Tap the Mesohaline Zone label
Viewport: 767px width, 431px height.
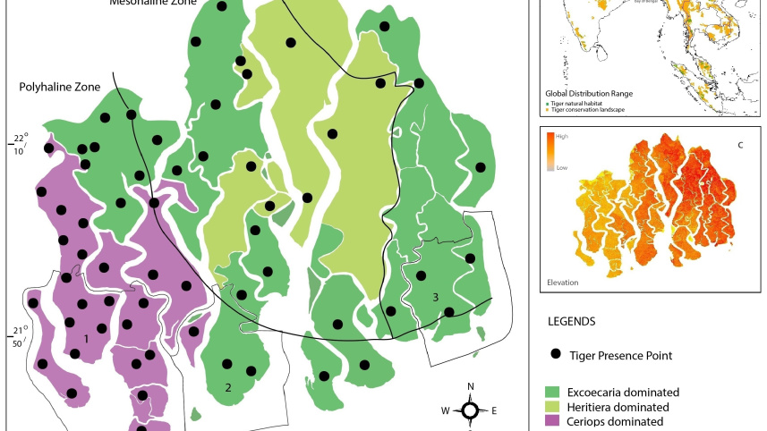(153, 3)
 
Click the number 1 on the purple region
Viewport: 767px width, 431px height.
(86, 339)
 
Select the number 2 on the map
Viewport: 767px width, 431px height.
(228, 387)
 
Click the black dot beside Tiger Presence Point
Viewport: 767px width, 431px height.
(555, 355)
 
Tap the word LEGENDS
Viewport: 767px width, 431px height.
(572, 320)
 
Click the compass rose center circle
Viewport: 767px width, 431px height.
(470, 410)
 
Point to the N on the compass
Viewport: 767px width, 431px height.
(471, 387)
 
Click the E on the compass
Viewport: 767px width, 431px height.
(493, 411)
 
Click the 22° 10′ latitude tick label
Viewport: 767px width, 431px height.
(19, 143)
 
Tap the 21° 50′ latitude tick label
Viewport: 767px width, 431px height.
(19, 335)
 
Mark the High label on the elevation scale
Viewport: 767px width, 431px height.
(562, 137)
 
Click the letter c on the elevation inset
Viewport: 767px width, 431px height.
(739, 147)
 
